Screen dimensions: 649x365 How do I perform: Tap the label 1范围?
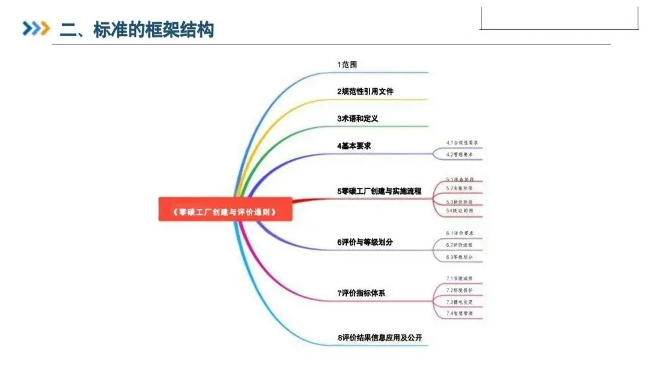(347, 64)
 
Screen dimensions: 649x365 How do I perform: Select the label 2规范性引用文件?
(365, 91)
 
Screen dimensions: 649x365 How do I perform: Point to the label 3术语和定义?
(358, 118)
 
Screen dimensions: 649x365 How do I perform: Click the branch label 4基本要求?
(354, 146)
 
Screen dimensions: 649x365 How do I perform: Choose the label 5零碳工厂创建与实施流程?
(379, 192)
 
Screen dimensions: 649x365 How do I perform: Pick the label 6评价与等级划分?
(365, 243)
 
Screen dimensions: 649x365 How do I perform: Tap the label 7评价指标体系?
(361, 293)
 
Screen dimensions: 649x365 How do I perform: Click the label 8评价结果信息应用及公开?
(379, 338)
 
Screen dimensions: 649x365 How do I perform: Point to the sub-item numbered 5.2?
(460, 188)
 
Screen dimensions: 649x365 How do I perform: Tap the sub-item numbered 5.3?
(460, 202)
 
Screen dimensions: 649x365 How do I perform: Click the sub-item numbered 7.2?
(460, 290)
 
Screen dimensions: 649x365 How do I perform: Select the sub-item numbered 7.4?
(460, 313)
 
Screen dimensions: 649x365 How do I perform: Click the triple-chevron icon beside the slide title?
(35, 29)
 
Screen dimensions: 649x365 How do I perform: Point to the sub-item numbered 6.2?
(460, 245)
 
